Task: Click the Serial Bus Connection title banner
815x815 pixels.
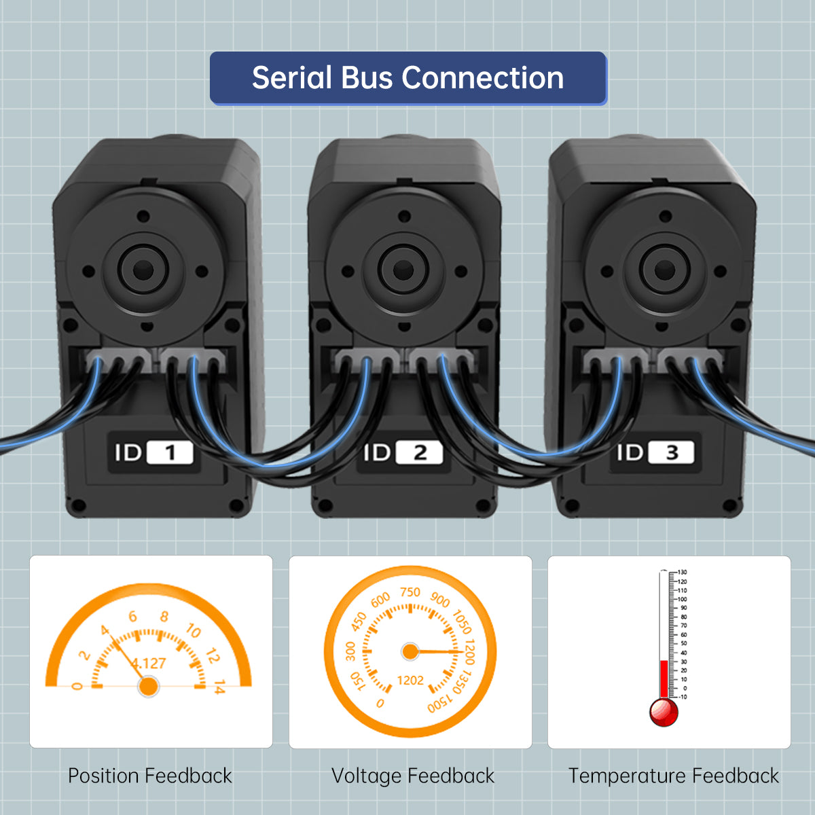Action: [407, 78]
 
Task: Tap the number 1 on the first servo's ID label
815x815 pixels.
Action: [170, 453]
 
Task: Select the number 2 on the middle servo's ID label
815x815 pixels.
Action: [420, 453]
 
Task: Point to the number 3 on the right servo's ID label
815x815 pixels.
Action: [672, 453]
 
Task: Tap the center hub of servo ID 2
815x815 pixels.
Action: [403, 270]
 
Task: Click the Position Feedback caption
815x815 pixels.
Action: [150, 776]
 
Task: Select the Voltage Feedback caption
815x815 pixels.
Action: [412, 776]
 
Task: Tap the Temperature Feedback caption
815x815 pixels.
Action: [673, 776]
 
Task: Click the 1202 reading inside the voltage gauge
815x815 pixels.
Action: [410, 680]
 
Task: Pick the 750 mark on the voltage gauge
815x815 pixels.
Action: [410, 592]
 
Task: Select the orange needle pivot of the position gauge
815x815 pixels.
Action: [148, 686]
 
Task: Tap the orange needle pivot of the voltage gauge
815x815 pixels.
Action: [410, 652]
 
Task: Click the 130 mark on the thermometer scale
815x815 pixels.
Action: [683, 573]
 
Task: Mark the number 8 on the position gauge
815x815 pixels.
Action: [164, 617]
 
